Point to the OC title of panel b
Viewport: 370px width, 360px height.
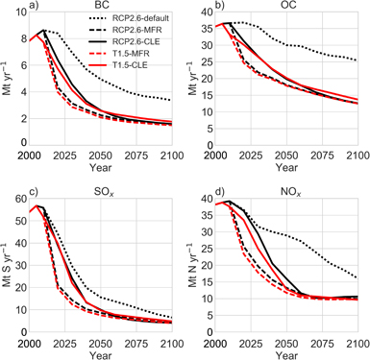286,6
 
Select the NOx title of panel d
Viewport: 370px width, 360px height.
286,185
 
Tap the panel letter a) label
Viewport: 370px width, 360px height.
10,6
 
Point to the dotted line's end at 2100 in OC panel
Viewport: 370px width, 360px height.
356,60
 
